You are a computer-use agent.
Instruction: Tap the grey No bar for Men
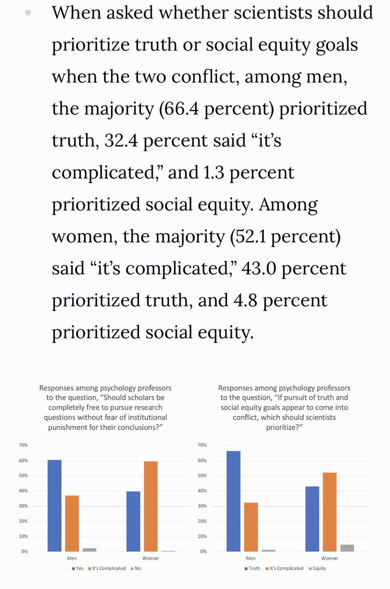click(89, 549)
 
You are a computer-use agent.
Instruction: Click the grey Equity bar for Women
click(347, 548)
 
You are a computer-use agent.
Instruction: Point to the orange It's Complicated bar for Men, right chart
click(251, 527)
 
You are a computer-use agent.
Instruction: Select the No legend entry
click(136, 568)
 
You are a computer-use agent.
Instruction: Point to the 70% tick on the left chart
click(24, 445)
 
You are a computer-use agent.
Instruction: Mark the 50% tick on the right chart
click(202, 476)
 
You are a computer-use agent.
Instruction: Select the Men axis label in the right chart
click(251, 558)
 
